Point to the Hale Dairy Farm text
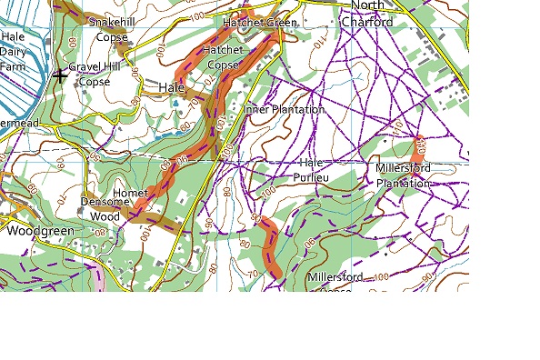[x=13, y=52]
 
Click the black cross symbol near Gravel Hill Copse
[x=60, y=75]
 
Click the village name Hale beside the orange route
[x=171, y=88]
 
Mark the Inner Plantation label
[x=285, y=109]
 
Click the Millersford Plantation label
[x=403, y=175]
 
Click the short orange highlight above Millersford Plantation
[x=419, y=145]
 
